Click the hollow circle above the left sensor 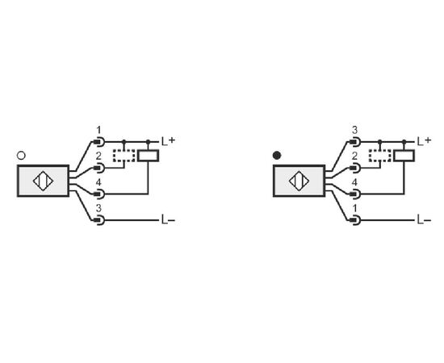click(21, 156)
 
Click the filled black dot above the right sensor click(277, 156)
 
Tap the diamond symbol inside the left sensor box click(43, 181)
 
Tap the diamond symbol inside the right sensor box click(299, 181)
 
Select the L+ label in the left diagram click(168, 141)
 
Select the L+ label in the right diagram click(424, 141)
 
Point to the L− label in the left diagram click(168, 220)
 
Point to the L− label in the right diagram click(424, 220)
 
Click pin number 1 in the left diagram click(98, 131)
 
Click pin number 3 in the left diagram click(98, 208)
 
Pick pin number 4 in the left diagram click(98, 182)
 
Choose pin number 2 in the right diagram click(354, 156)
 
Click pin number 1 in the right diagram click(355, 208)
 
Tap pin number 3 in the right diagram click(354, 131)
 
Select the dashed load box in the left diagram click(124, 156)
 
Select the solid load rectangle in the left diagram click(148, 156)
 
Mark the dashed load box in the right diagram click(380, 156)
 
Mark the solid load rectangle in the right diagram click(404, 156)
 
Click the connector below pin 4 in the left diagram click(99, 194)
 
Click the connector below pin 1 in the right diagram click(355, 220)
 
